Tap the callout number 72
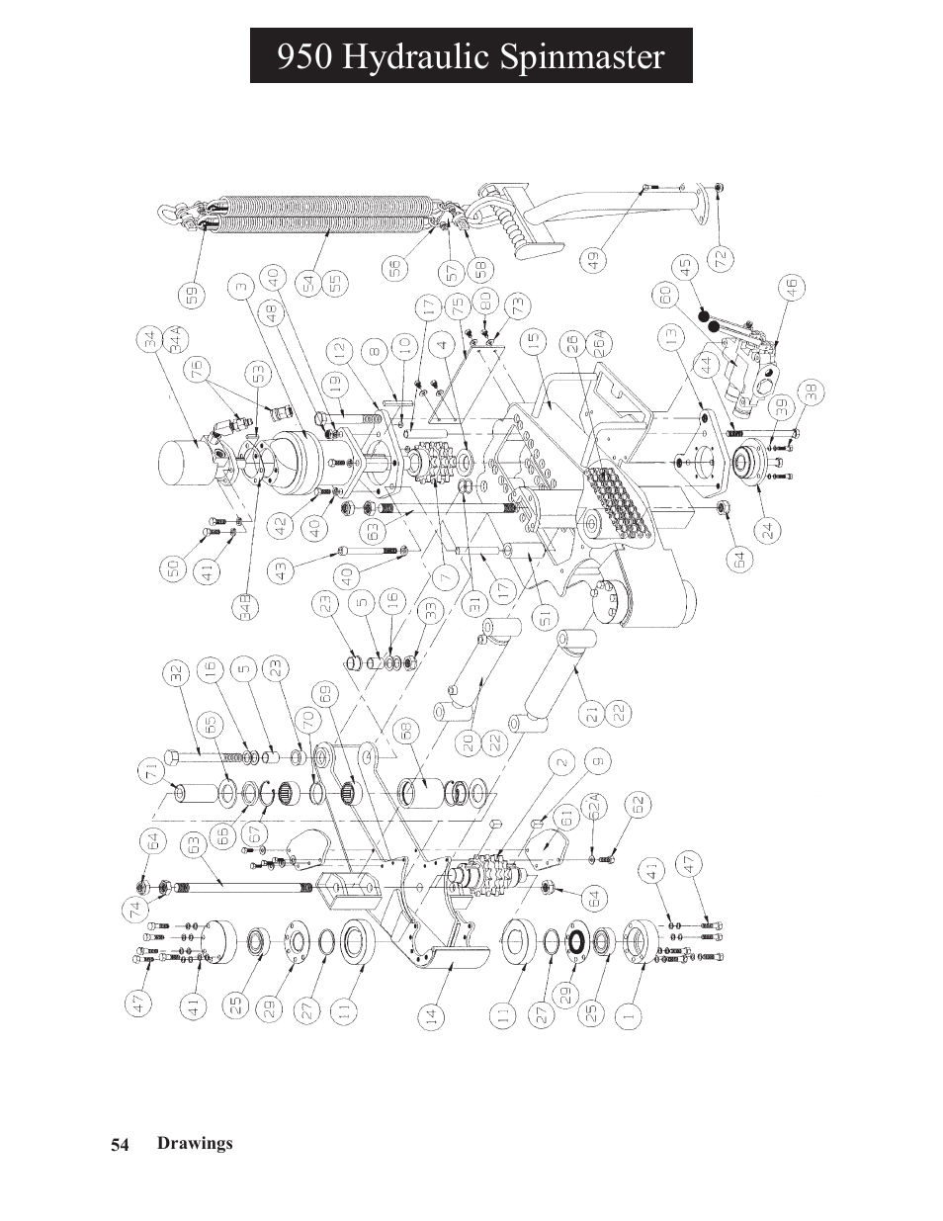(721, 259)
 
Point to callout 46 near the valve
(791, 288)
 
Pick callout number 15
(535, 341)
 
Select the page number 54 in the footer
(120, 1144)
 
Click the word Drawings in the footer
(195, 1143)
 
